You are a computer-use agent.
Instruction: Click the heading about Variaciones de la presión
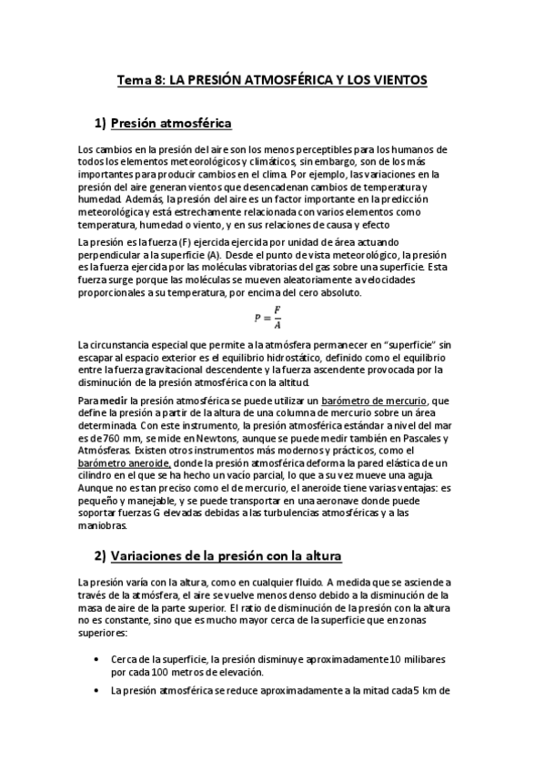[226, 555]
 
